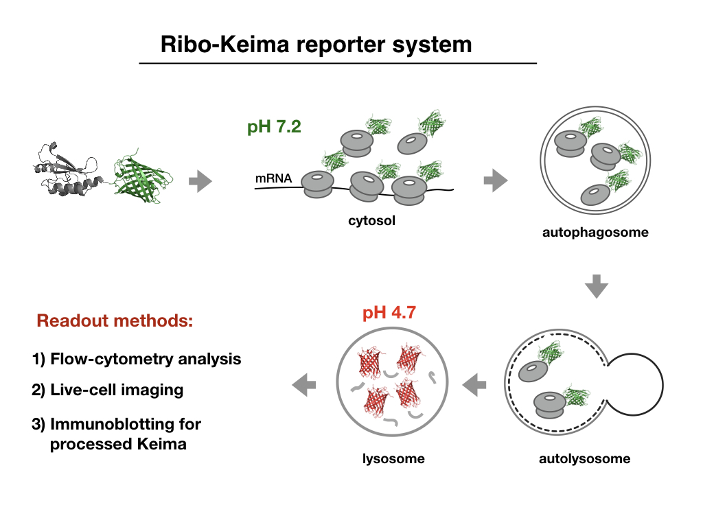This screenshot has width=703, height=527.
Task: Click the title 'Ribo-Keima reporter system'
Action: click(316, 45)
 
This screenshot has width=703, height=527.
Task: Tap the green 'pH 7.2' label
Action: click(274, 128)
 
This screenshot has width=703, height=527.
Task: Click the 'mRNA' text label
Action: click(274, 179)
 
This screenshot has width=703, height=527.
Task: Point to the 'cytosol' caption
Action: click(372, 221)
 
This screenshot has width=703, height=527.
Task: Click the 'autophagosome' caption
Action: click(595, 233)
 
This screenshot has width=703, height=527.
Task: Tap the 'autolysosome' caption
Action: click(584, 458)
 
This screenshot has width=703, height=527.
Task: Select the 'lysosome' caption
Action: click(393, 458)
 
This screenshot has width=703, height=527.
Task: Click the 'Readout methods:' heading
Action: click(115, 320)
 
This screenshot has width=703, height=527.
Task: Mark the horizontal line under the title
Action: click(338, 63)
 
